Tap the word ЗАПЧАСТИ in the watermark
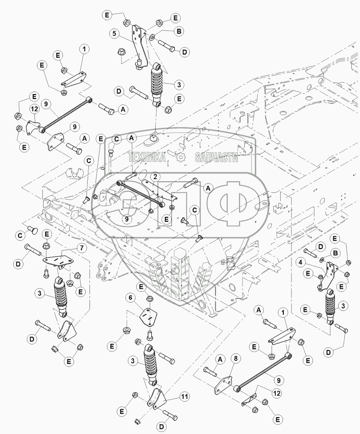click(217, 157)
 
